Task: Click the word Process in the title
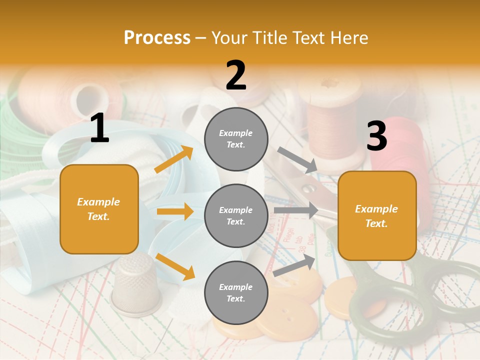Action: pos(157,38)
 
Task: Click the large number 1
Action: pos(99,128)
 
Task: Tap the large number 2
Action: pos(236,75)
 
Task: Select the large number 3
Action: pos(376,136)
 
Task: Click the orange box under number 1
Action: pos(99,209)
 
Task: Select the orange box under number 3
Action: pos(377,215)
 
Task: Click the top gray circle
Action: pos(236,139)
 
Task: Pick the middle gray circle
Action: pos(236,215)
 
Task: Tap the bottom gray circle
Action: pos(236,292)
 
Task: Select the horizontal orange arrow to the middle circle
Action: pos(175,211)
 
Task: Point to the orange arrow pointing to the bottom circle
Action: pos(175,266)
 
